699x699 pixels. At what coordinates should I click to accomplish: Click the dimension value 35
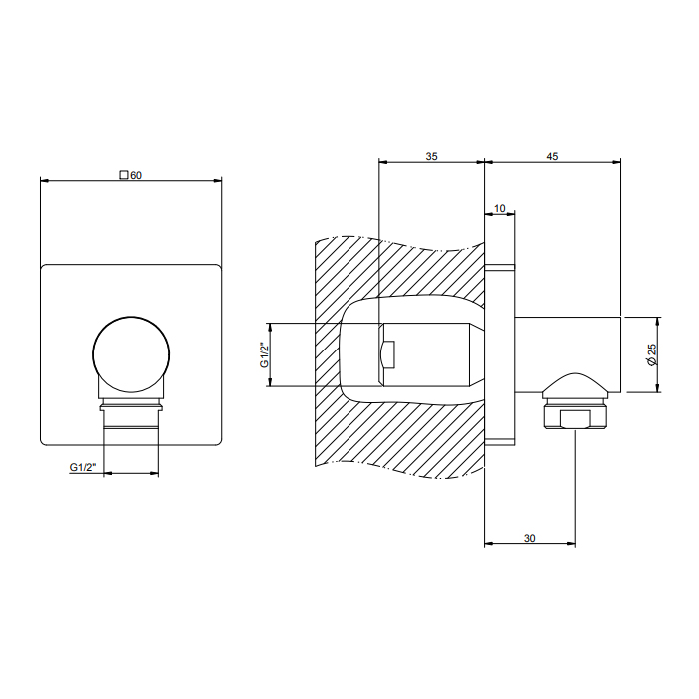(431, 156)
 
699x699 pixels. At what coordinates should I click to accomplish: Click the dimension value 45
(552, 156)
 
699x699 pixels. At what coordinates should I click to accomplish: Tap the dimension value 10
(499, 208)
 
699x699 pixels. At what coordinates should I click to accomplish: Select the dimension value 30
(529, 538)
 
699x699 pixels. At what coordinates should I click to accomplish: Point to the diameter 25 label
(652, 354)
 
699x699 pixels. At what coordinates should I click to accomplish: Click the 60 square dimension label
(131, 175)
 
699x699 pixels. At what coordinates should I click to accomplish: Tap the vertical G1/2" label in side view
(264, 355)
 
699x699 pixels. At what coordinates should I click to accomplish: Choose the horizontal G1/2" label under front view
(83, 467)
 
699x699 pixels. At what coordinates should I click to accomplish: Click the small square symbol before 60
(124, 175)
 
